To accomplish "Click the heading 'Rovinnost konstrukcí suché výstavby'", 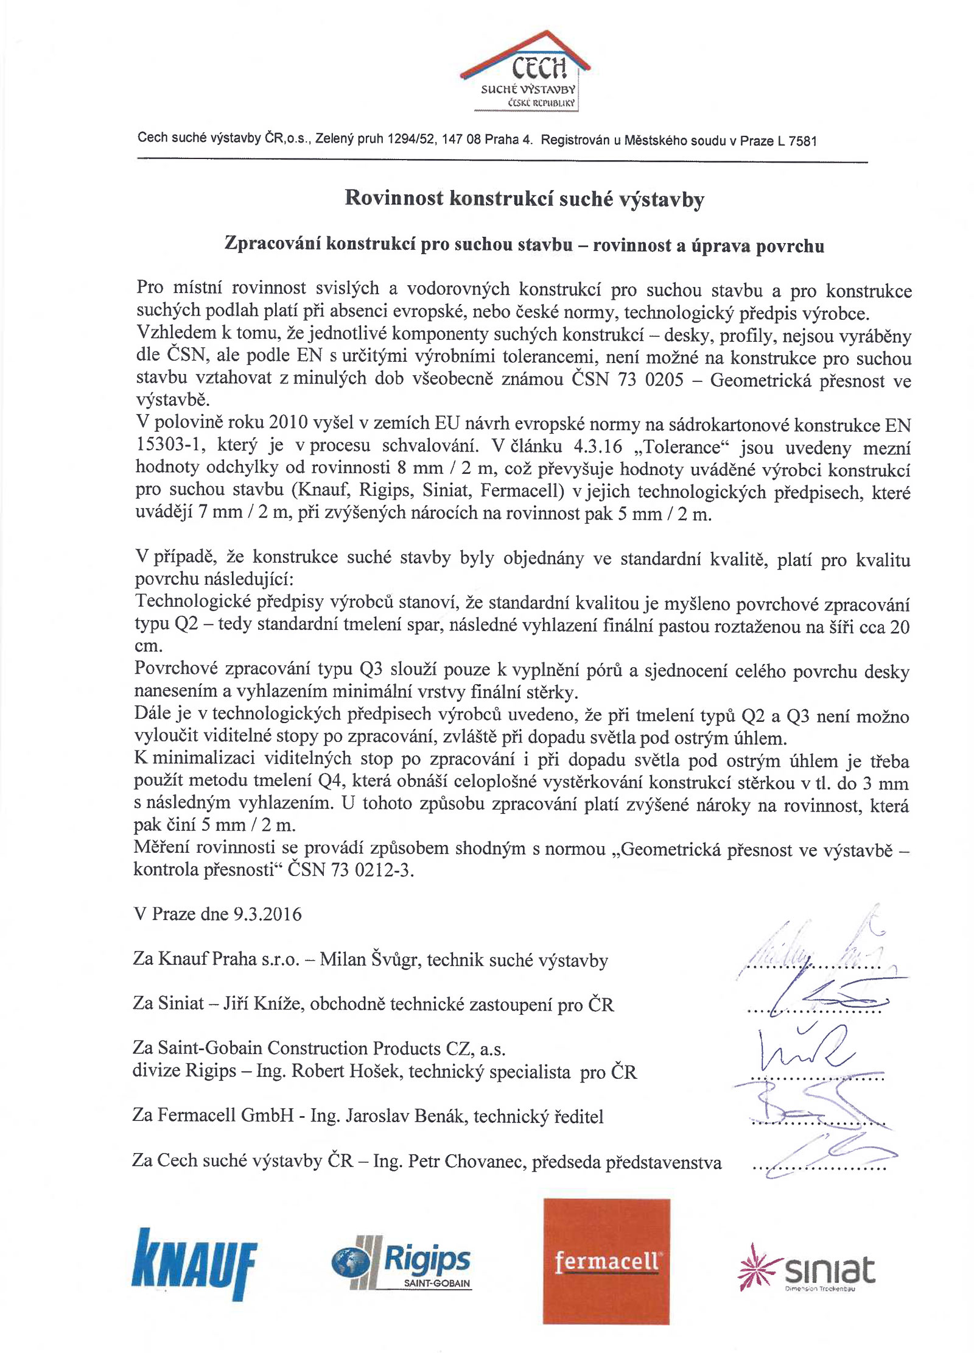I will click(x=524, y=199).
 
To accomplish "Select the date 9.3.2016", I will click(x=267, y=914).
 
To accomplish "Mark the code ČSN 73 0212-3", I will click(x=351, y=870).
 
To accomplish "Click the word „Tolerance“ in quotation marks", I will click(x=682, y=447).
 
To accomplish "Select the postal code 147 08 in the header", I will click(x=461, y=140).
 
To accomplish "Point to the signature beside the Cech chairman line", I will click(x=822, y=1158).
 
